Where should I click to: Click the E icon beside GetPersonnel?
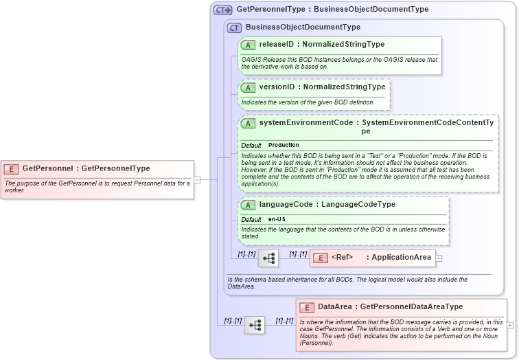click(x=12, y=168)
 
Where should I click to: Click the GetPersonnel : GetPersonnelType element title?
click(x=86, y=168)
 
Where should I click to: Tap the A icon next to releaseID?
click(x=248, y=44)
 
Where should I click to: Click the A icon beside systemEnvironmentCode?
click(x=248, y=123)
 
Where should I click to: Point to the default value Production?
click(x=284, y=145)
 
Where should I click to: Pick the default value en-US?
click(x=277, y=219)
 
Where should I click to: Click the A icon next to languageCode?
click(x=248, y=205)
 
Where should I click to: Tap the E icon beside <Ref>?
click(x=320, y=258)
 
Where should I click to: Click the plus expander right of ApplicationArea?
click(x=439, y=258)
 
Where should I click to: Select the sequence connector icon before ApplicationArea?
click(x=268, y=258)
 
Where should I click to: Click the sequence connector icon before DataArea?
click(x=254, y=325)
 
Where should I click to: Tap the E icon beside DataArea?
click(x=307, y=307)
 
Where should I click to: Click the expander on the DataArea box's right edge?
click(x=510, y=325)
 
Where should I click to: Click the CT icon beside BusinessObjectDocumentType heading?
click(x=234, y=27)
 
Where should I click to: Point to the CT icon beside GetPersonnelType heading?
click(x=223, y=10)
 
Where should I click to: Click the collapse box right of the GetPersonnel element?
click(x=197, y=179)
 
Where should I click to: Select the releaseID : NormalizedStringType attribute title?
click(x=321, y=44)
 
